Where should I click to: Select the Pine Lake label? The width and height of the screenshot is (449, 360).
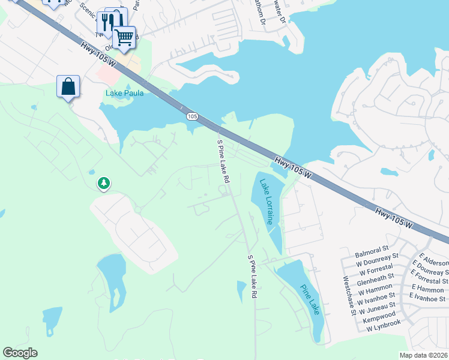[310, 299]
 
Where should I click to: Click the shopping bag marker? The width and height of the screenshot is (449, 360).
[68, 86]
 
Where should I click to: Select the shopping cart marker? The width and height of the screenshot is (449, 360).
[124, 37]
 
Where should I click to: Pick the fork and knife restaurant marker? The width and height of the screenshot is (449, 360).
[107, 22]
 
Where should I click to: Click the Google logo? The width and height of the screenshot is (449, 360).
[20, 353]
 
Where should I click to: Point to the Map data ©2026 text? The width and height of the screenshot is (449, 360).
[423, 355]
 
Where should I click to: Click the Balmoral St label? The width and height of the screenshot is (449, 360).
[373, 248]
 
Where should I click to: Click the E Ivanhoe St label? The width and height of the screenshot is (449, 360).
[427, 296]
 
